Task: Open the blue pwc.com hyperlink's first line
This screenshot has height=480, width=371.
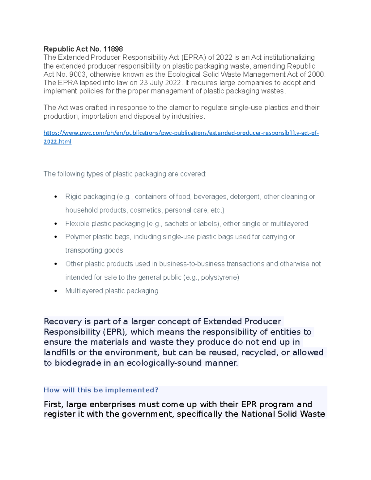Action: (181, 133)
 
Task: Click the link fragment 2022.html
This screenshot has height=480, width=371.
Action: (58, 142)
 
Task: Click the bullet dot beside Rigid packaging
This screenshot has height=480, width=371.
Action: (56, 197)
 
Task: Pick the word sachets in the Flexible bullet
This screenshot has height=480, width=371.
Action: (176, 223)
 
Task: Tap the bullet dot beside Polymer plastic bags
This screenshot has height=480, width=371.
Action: (56, 237)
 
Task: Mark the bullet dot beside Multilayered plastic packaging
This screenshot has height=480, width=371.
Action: (56, 291)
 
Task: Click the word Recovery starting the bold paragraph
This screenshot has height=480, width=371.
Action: (63, 321)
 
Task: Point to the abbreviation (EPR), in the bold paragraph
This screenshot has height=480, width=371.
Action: (115, 332)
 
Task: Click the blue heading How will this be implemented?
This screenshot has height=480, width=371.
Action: (101, 390)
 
